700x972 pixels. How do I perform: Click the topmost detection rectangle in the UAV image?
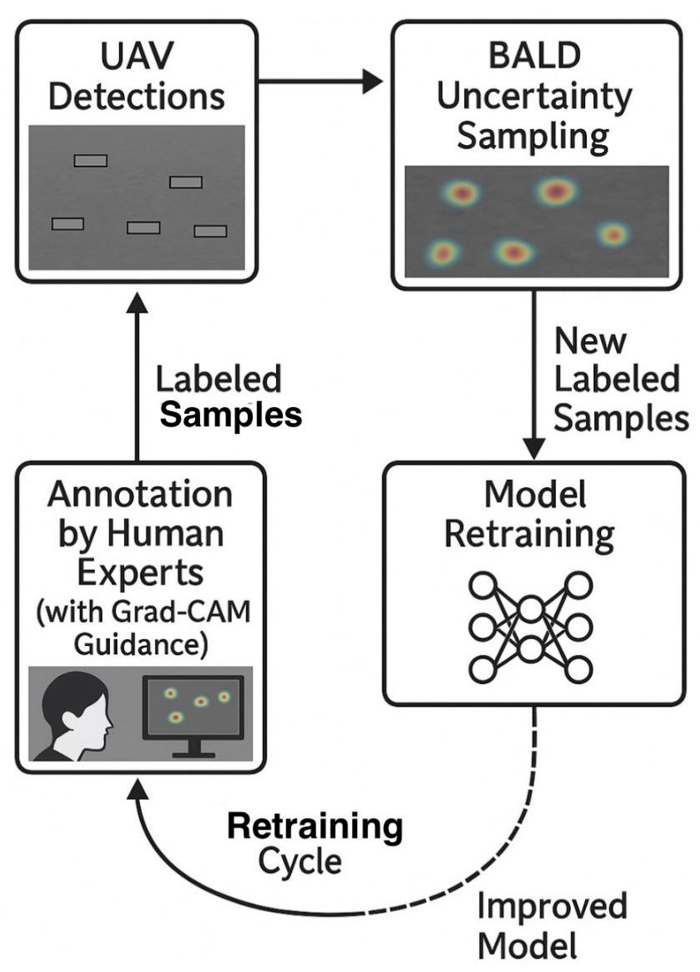pyautogui.click(x=91, y=161)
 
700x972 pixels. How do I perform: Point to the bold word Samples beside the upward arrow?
pyautogui.click(x=231, y=415)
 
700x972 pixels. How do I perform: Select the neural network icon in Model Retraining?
pyautogui.click(x=531, y=627)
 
